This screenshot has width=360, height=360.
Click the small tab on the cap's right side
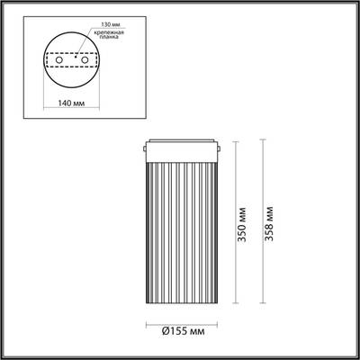tap(217, 145)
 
